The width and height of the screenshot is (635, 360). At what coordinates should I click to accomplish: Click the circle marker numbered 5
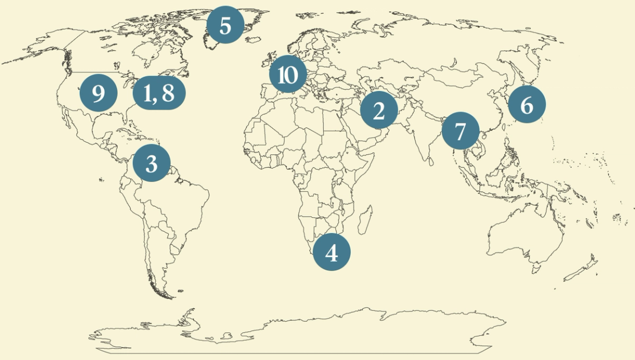tap(225, 25)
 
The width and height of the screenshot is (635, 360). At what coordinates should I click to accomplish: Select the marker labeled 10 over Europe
tap(288, 74)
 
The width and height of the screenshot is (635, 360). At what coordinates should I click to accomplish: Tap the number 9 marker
tap(99, 93)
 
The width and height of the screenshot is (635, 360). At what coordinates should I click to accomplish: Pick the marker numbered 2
tap(379, 111)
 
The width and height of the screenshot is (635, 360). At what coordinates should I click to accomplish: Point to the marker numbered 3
tap(152, 163)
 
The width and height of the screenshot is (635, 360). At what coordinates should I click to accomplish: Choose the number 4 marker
tap(332, 253)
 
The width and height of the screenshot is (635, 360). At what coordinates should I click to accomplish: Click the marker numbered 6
tap(527, 105)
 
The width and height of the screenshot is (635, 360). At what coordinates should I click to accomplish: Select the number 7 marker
tap(461, 131)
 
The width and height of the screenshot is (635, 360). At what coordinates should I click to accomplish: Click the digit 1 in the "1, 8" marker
tap(147, 94)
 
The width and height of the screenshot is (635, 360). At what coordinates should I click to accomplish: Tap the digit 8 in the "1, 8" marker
tap(168, 94)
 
